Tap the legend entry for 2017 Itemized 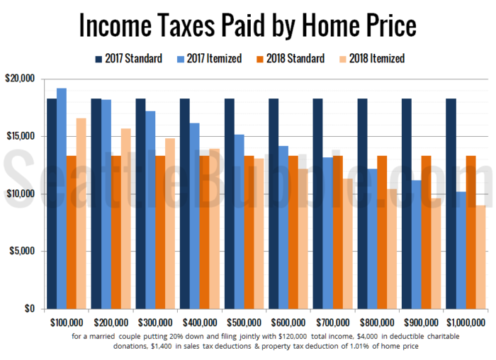[211, 59]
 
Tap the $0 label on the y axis [29, 309]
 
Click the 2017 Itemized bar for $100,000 [62, 198]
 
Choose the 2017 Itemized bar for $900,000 [417, 244]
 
